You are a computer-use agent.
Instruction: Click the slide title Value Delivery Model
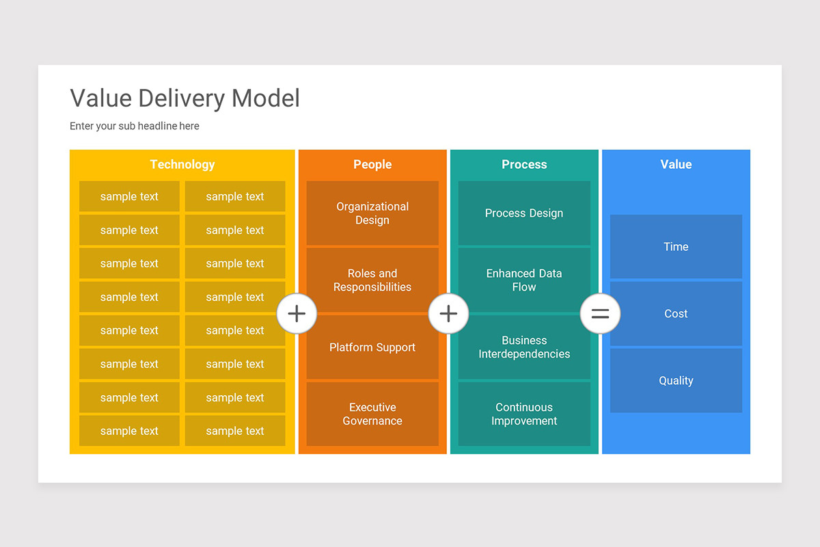coord(184,98)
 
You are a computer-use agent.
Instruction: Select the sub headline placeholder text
coord(135,126)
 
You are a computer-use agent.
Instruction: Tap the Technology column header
coord(182,164)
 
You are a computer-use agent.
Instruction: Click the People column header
coord(372,164)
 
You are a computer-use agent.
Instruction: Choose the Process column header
coord(524,164)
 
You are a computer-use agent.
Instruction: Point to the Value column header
coord(676,164)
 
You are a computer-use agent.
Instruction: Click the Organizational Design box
coord(372,213)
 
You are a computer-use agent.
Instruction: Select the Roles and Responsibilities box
coord(372,280)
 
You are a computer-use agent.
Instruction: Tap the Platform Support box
coord(372,347)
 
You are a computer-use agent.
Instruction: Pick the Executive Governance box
coord(372,414)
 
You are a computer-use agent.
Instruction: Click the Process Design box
coord(524,213)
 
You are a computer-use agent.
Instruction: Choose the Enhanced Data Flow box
coord(524,280)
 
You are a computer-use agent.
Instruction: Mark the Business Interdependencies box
coord(524,347)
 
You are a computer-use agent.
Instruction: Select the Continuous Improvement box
coord(524,414)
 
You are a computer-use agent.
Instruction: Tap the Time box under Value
coord(676,247)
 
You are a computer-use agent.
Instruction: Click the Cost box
coord(676,314)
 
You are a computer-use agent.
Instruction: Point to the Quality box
coord(676,381)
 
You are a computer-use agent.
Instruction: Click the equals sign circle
coord(600,314)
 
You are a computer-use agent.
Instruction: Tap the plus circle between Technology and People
coord(297,314)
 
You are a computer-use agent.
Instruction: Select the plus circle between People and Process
coord(448,314)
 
